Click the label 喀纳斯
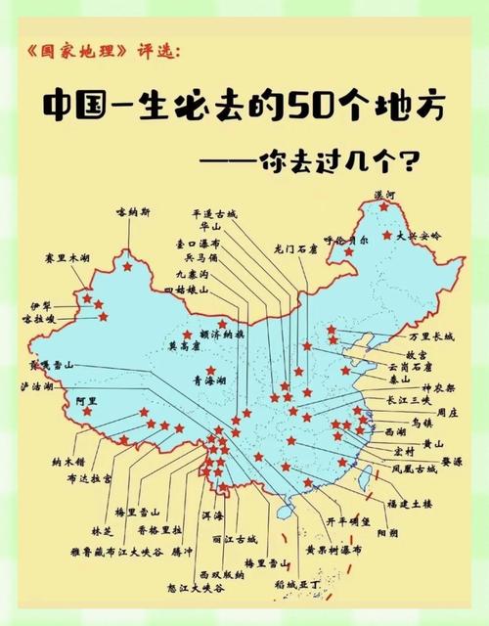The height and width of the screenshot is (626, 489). pyautogui.click(x=134, y=211)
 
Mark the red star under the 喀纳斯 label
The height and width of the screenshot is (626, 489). pyautogui.click(x=126, y=266)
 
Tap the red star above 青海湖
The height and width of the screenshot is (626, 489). pyautogui.click(x=222, y=324)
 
